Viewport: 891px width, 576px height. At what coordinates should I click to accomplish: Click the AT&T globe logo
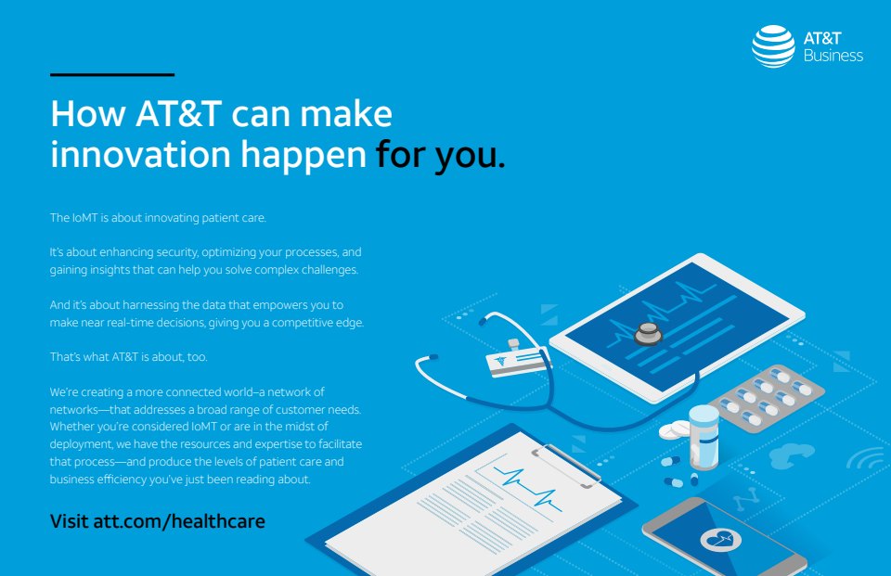[x=773, y=46]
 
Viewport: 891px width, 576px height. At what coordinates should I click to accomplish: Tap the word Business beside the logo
[x=833, y=56]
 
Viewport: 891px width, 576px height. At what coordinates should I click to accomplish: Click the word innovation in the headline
[x=140, y=154]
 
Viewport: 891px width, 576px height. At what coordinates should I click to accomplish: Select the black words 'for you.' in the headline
[x=440, y=156]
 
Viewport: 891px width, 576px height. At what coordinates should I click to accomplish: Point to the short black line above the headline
[x=112, y=74]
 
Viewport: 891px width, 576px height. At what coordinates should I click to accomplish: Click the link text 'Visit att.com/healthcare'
[x=158, y=521]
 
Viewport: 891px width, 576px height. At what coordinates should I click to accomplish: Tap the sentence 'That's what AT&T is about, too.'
[x=128, y=357]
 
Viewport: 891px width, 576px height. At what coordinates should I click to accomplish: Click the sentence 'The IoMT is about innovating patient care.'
[x=158, y=218]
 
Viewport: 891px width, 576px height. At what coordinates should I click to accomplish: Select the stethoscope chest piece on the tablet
[x=648, y=333]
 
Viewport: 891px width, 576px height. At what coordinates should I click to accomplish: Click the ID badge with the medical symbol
[x=517, y=360]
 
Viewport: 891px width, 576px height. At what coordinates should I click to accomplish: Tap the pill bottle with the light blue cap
[x=704, y=437]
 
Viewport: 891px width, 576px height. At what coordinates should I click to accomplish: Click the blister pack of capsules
[x=767, y=398]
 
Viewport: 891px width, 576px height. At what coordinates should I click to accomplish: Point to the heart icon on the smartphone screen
[x=720, y=539]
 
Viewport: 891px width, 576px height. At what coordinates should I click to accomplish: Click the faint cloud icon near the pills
[x=791, y=455]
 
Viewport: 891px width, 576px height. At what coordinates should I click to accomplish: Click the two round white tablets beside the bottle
[x=675, y=430]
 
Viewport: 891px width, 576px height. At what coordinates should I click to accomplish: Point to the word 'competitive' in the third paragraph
[x=302, y=323]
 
